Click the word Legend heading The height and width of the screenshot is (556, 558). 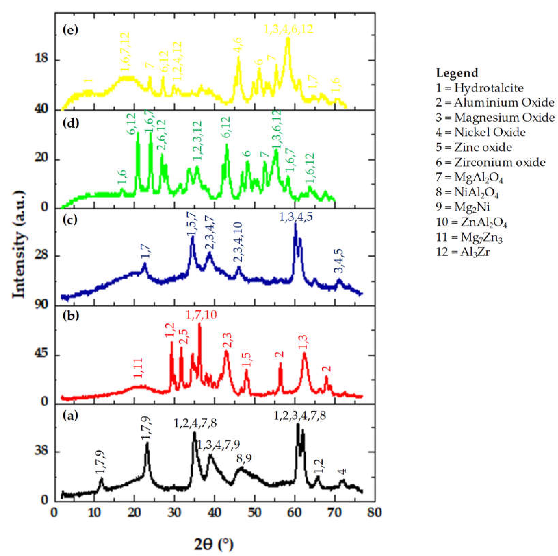pyautogui.click(x=457, y=73)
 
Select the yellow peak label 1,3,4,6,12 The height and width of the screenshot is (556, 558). pyautogui.click(x=289, y=29)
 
